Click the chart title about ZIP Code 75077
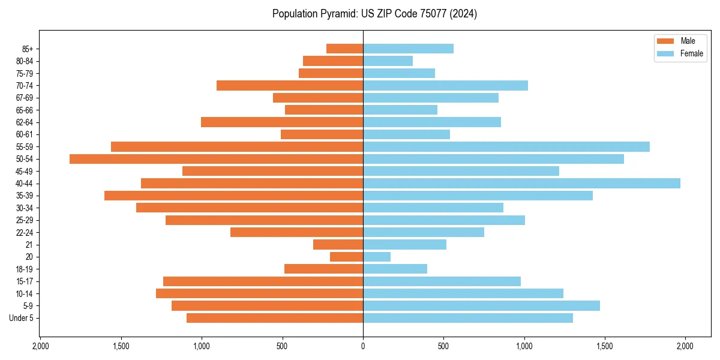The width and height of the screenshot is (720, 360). (x=374, y=14)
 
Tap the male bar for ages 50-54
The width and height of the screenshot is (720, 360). (x=216, y=159)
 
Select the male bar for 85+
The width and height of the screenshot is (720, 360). (x=344, y=49)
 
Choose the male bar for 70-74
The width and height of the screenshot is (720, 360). (x=290, y=86)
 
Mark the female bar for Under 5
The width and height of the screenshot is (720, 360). (x=467, y=318)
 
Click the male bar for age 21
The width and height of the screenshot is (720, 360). (x=338, y=245)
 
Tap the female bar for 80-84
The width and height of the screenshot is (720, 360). (x=388, y=61)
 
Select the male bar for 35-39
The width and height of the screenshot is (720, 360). (x=233, y=196)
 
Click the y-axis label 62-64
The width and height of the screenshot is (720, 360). (x=25, y=122)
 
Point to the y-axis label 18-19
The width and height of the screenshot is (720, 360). (x=25, y=269)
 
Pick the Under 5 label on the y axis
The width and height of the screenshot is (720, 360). (x=22, y=318)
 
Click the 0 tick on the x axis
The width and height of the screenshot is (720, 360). (x=363, y=346)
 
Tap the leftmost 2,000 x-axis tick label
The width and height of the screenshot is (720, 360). (x=40, y=346)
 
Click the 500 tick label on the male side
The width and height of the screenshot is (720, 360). (x=282, y=346)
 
